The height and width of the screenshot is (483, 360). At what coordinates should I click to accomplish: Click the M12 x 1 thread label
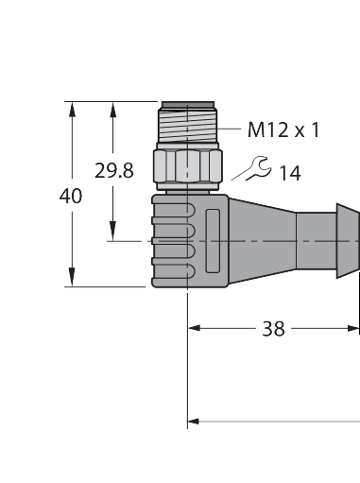[x=283, y=129]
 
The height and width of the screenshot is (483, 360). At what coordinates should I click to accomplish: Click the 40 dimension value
[x=71, y=197]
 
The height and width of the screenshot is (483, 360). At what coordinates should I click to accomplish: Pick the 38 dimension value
[x=274, y=329]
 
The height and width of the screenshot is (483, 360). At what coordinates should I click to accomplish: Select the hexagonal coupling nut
[x=187, y=168]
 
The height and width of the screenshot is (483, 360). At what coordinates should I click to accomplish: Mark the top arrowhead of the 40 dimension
[x=72, y=109]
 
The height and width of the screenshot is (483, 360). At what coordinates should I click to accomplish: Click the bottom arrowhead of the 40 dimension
[x=72, y=279]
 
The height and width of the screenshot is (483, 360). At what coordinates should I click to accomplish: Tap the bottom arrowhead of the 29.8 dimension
[x=112, y=233]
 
